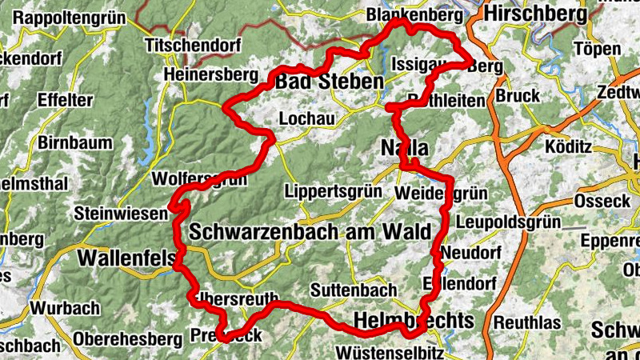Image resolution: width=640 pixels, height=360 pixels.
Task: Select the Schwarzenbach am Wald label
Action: tap(310, 232)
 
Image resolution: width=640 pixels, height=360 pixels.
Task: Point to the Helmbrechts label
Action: tap(413, 321)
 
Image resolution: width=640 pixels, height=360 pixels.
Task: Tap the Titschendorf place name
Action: tap(193, 46)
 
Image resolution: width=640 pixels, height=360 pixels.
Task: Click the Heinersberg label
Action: tap(210, 74)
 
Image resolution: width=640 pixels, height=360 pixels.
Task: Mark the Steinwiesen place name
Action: tap(121, 214)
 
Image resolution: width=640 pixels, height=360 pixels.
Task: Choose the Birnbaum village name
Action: tap(75, 143)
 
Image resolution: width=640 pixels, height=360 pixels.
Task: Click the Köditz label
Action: tap(567, 147)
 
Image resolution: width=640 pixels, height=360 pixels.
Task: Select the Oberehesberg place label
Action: tap(127, 339)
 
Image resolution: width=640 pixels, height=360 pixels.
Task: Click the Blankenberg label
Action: tap(414, 15)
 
